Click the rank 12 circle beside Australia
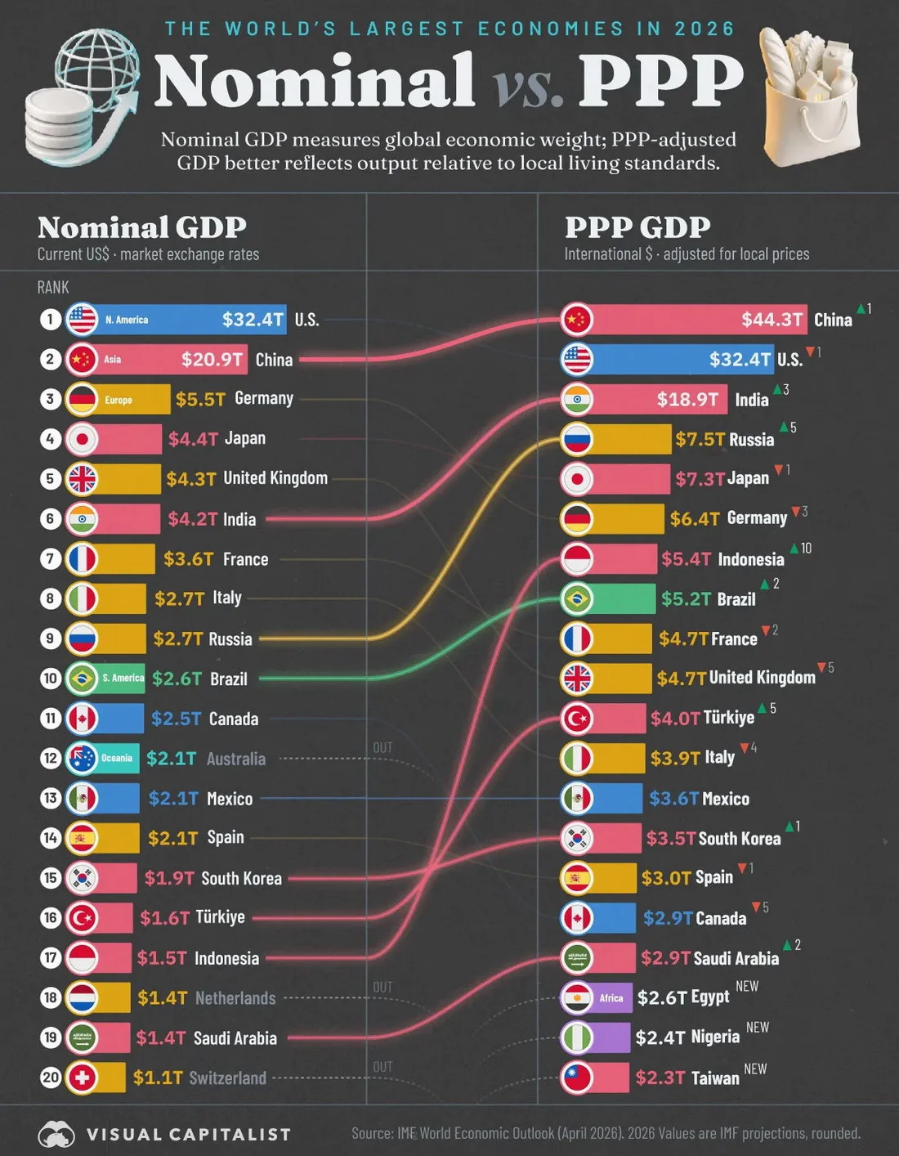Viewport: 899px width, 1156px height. pos(51,758)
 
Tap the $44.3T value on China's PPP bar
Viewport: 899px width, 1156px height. pos(772,319)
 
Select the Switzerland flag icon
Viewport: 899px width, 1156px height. pos(82,1078)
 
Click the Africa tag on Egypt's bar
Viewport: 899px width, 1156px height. pos(611,998)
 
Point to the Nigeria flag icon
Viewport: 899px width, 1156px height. pos(577,1037)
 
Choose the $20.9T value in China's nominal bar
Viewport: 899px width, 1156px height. pos(212,360)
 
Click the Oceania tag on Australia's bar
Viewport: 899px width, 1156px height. pos(116,758)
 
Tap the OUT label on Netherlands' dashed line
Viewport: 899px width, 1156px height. pos(382,988)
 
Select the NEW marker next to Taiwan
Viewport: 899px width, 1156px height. pos(755,1069)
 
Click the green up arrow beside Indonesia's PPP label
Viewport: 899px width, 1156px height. pos(794,548)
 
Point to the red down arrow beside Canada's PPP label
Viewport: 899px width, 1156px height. pos(756,907)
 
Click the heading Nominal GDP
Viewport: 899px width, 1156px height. pos(142,227)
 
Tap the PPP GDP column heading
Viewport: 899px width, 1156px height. pos(637,227)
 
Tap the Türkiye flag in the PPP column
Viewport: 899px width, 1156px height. pos(577,719)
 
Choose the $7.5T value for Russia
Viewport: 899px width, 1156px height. pos(700,439)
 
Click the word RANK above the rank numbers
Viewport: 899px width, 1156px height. pos(53,288)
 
